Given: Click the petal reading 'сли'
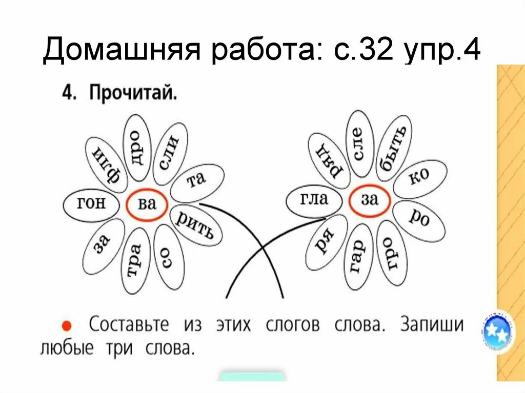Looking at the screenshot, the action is [x=170, y=153].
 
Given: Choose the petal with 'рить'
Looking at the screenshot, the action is [x=195, y=225].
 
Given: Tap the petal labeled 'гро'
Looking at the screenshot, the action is [x=391, y=253].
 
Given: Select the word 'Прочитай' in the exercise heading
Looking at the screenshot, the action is [x=133, y=94].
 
